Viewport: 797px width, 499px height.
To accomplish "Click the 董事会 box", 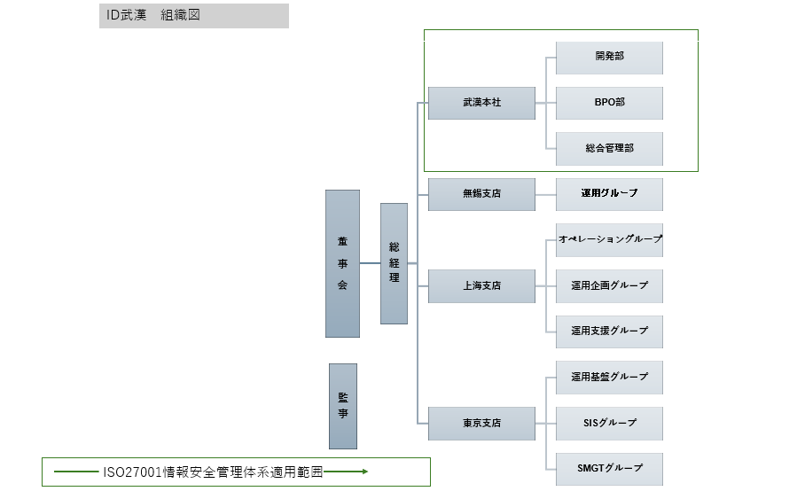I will (x=342, y=263).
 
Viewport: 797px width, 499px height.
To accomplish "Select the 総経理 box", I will (x=394, y=263).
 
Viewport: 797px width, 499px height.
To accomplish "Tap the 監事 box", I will (x=342, y=406).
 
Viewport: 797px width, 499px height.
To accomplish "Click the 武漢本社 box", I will (x=481, y=103).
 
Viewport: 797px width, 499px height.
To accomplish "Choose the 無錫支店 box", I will (x=481, y=194).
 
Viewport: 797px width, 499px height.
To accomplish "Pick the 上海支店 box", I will (x=481, y=286).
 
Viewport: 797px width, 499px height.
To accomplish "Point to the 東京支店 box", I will (x=481, y=424).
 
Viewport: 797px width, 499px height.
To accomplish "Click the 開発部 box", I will (x=609, y=57).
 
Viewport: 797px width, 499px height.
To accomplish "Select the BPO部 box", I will (x=609, y=103).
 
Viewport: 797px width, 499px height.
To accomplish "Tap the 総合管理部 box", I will (x=609, y=149).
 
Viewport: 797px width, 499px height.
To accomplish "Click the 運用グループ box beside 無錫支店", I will (x=609, y=194).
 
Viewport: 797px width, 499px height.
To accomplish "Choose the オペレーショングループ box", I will (x=609, y=240).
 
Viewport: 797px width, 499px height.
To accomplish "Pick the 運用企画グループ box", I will (x=609, y=286).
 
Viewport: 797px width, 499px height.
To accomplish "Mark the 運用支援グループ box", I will (x=609, y=331).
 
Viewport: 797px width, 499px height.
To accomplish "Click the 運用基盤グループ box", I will (x=609, y=378).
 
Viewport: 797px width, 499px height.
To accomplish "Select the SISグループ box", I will (x=609, y=424).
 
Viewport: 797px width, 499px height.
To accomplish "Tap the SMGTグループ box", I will (x=609, y=469).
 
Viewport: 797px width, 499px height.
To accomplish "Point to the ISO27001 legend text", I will (x=212, y=472).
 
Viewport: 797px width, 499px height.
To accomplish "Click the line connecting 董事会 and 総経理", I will (x=370, y=263).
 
